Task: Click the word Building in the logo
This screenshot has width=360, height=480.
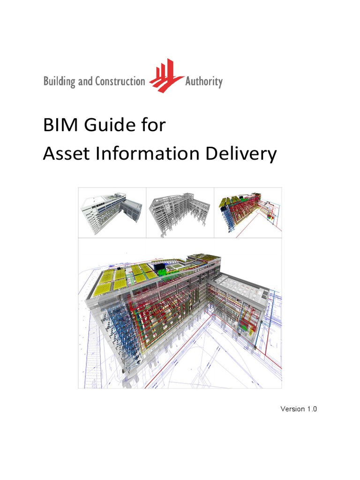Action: (59, 82)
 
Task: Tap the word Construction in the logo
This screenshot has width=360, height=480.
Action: (120, 82)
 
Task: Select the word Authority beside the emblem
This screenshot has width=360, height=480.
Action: (203, 82)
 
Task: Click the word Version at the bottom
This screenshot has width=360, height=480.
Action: (292, 409)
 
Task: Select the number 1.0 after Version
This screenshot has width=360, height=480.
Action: (312, 409)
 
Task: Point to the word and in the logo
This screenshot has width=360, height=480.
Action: (85, 82)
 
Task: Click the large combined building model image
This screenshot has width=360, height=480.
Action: (180, 313)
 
